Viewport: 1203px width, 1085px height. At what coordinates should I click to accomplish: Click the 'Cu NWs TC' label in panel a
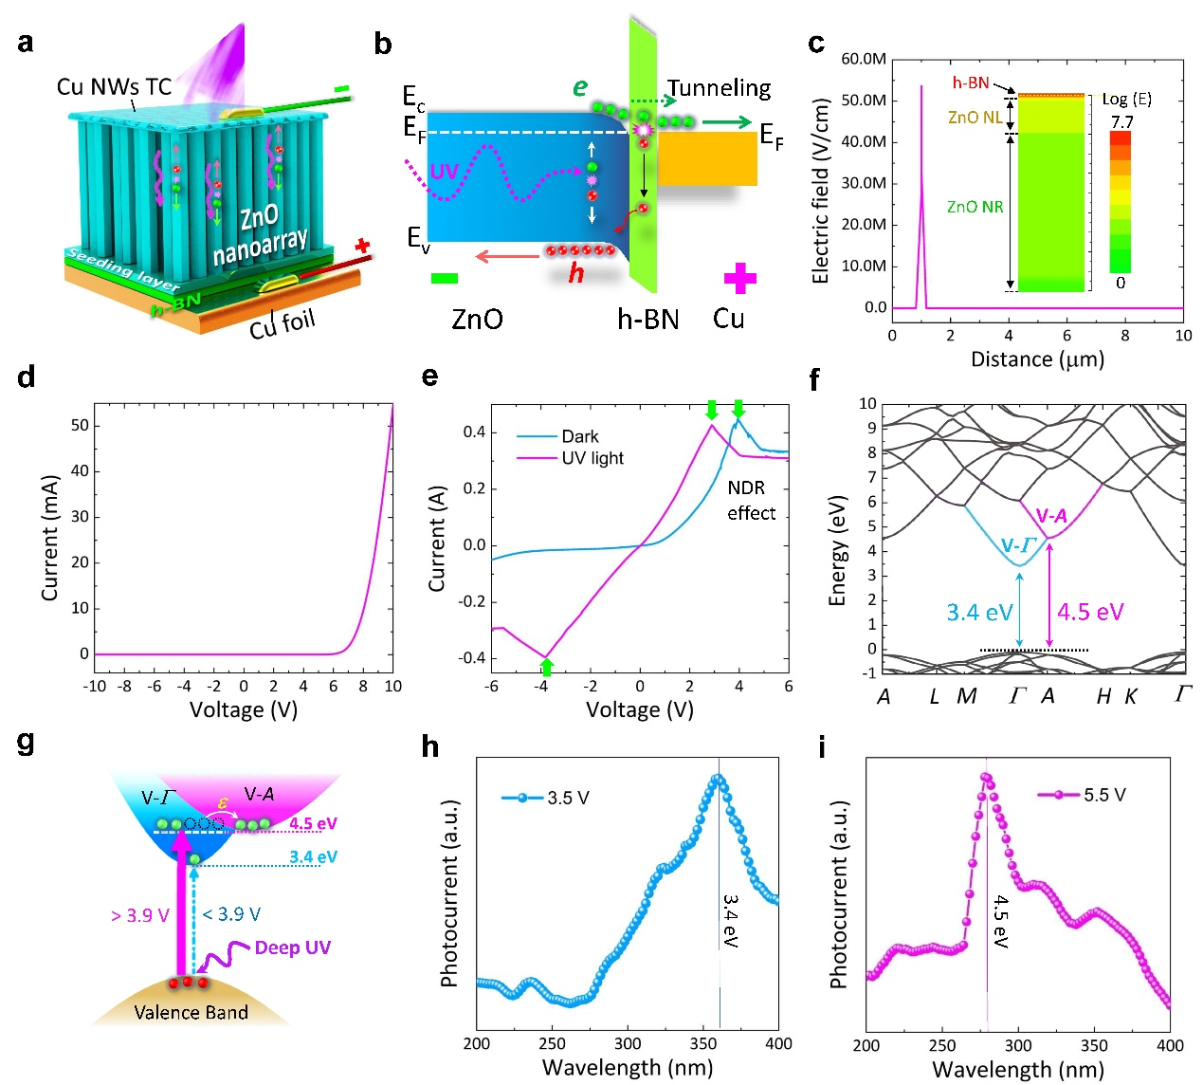pyautogui.click(x=114, y=87)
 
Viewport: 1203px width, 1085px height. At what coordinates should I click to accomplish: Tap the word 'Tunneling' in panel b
pyautogui.click(x=719, y=88)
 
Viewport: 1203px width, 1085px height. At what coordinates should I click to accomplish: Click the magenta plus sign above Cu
pyautogui.click(x=740, y=279)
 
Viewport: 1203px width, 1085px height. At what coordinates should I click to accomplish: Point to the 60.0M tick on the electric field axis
pyautogui.click(x=864, y=59)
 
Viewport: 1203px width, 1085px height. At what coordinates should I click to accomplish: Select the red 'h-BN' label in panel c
pyautogui.click(x=971, y=83)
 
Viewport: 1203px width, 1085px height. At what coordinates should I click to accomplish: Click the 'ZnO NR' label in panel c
pyautogui.click(x=975, y=207)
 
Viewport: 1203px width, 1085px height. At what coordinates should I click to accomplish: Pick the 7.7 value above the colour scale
pyautogui.click(x=1121, y=121)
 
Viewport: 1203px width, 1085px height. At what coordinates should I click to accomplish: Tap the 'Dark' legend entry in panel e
pyautogui.click(x=579, y=436)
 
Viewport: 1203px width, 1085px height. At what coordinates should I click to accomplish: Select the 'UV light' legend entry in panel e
pyautogui.click(x=592, y=458)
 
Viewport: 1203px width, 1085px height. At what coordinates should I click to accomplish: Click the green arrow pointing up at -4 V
pyautogui.click(x=545, y=667)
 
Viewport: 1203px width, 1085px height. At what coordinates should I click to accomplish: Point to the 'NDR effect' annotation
pyautogui.click(x=751, y=501)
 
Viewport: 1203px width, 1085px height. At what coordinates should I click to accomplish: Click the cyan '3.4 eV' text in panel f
pyautogui.click(x=979, y=613)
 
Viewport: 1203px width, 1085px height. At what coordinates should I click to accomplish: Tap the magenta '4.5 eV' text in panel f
pyautogui.click(x=1090, y=612)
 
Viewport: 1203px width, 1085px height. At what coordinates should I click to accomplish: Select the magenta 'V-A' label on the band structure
pyautogui.click(x=1051, y=516)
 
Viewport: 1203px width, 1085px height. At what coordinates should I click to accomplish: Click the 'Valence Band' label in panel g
pyautogui.click(x=191, y=1012)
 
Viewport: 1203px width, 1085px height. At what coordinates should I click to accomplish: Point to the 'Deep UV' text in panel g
pyautogui.click(x=292, y=947)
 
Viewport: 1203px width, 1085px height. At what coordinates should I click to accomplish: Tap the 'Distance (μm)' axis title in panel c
pyautogui.click(x=1037, y=359)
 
